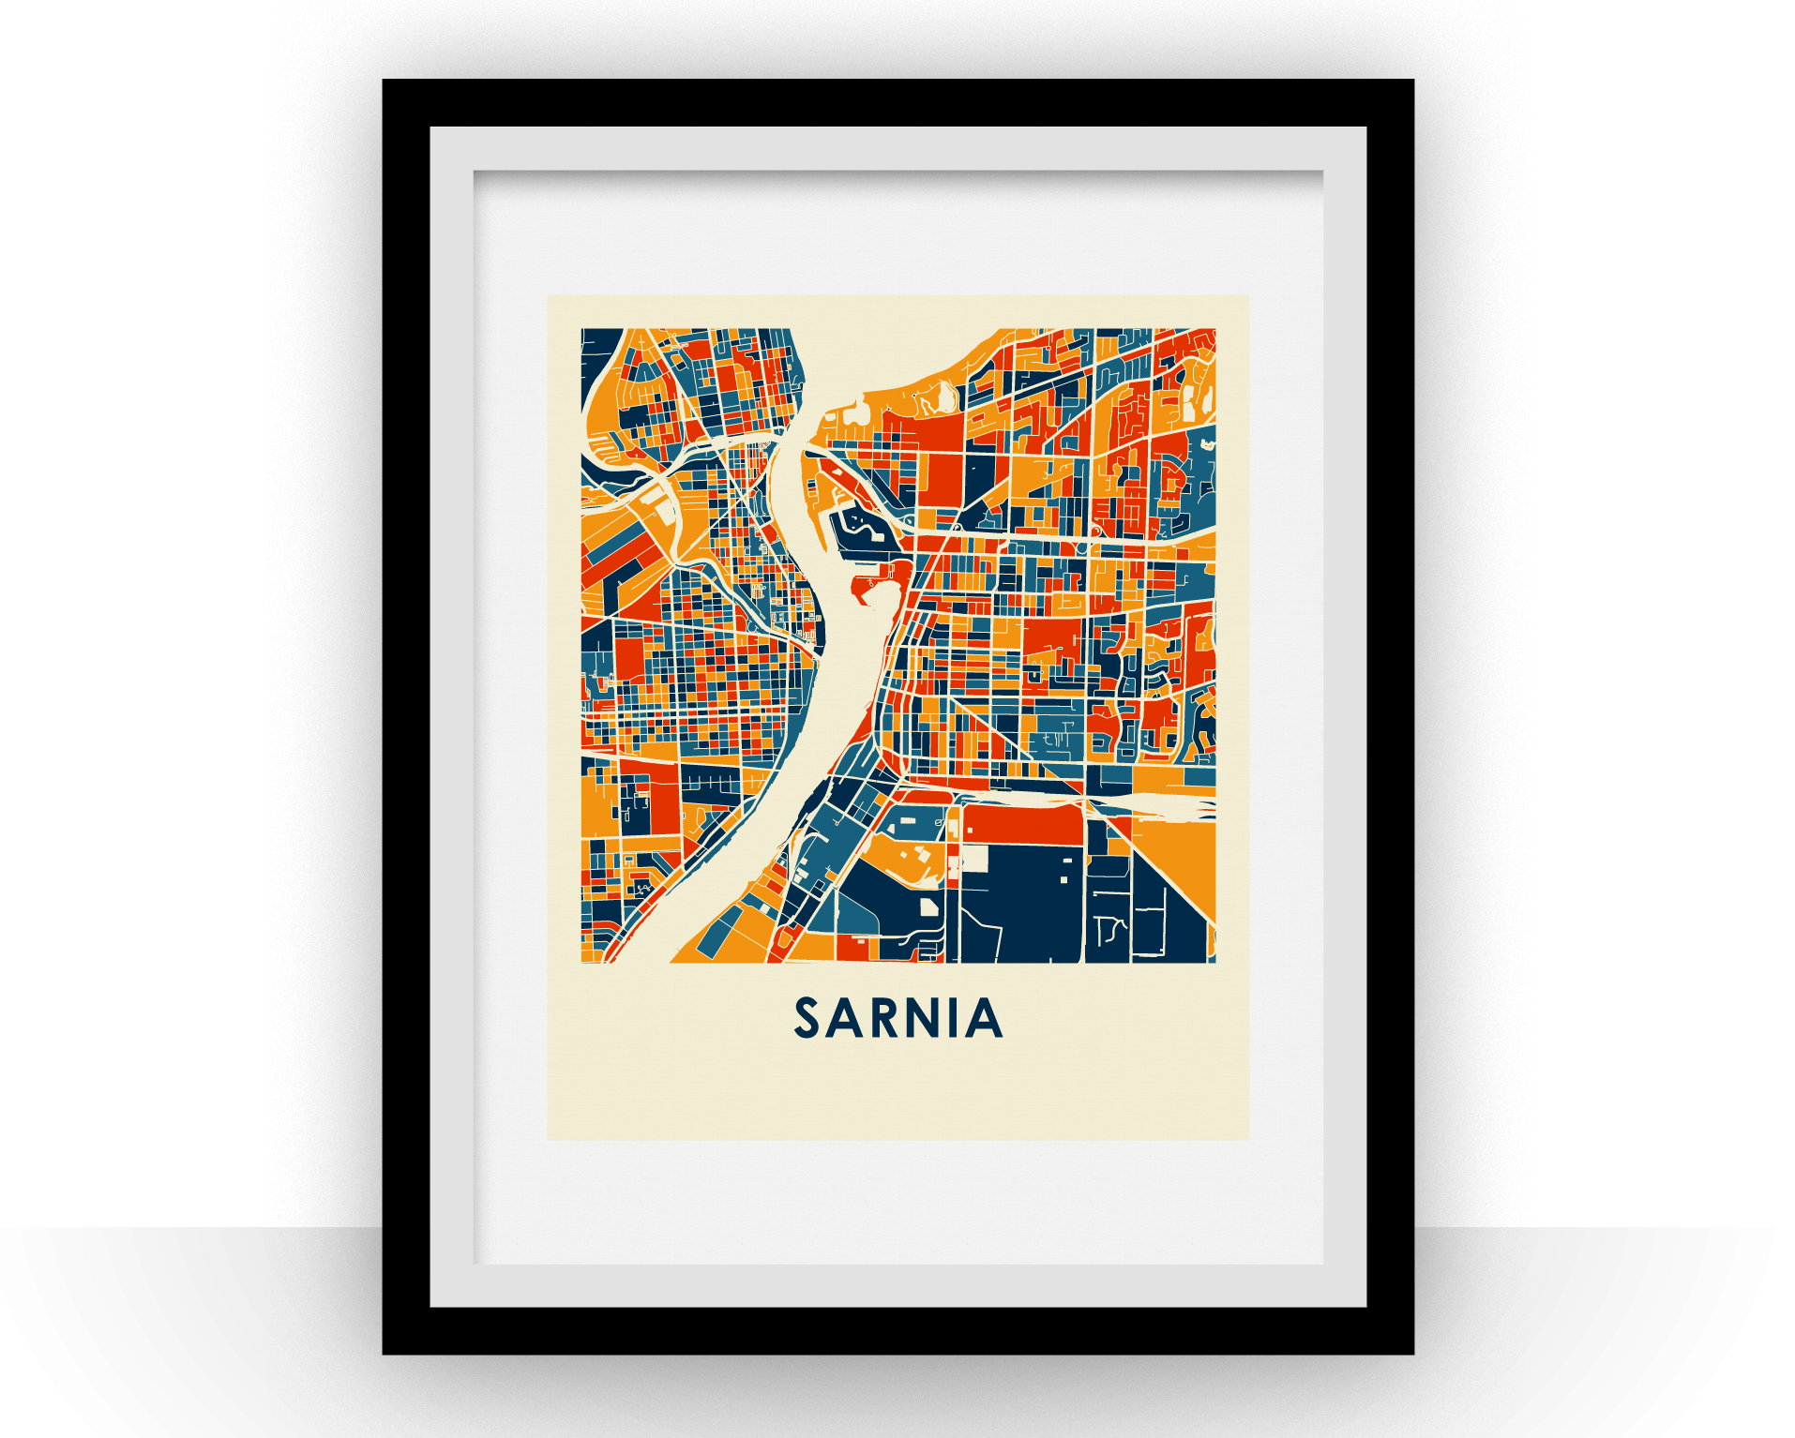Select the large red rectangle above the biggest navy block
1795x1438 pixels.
(x=1023, y=824)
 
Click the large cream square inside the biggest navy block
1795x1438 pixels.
(x=975, y=859)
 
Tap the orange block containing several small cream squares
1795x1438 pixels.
(x=905, y=858)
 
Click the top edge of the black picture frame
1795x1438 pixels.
(x=897, y=102)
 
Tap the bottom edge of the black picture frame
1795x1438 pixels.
(x=897, y=1331)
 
